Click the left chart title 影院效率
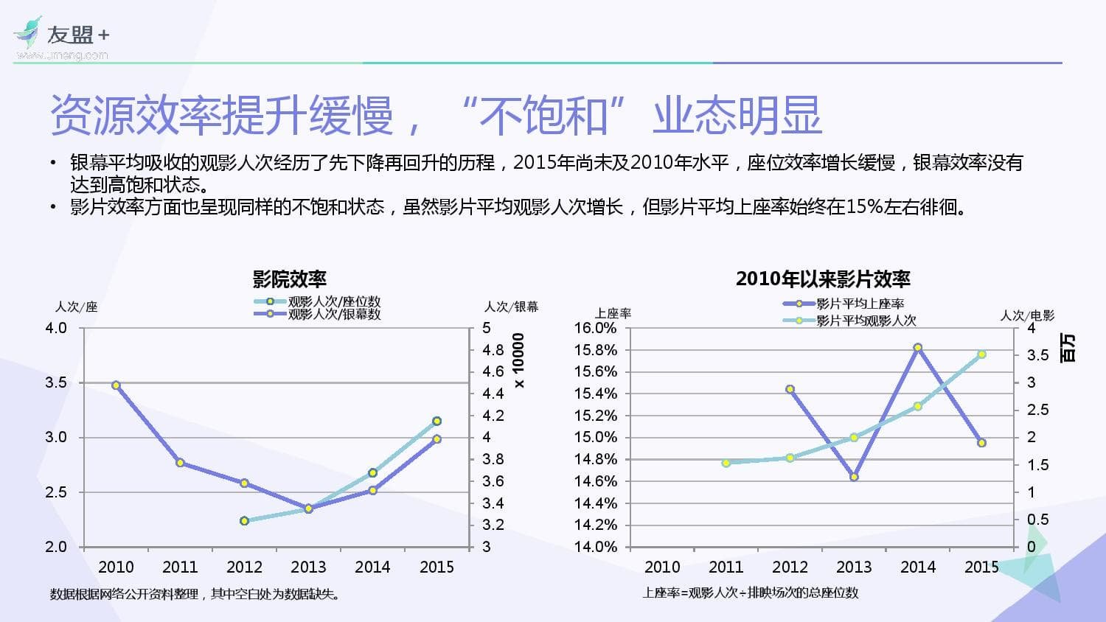pyautogui.click(x=289, y=279)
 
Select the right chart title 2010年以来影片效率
pyautogui.click(x=823, y=279)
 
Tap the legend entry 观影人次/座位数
pyautogui.click(x=334, y=301)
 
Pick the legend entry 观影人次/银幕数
pyautogui.click(x=334, y=314)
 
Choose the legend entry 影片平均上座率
pyautogui.click(x=860, y=304)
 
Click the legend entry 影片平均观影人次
pyautogui.click(x=866, y=321)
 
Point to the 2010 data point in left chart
pyautogui.click(x=116, y=385)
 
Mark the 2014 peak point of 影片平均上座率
pyautogui.click(x=918, y=348)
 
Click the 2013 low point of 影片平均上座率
pyautogui.click(x=854, y=477)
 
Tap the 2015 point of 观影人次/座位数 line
pyautogui.click(x=437, y=422)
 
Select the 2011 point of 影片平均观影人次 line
pyautogui.click(x=726, y=463)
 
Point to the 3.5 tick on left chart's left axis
pyautogui.click(x=56, y=382)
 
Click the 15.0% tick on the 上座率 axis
pyautogui.click(x=595, y=437)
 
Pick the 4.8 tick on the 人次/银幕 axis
pyautogui.click(x=493, y=350)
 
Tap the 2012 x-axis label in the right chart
pyautogui.click(x=790, y=567)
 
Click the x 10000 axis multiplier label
pyautogui.click(x=519, y=360)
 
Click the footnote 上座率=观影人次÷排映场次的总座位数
pyautogui.click(x=751, y=593)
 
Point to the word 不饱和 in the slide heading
pyautogui.click(x=543, y=116)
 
